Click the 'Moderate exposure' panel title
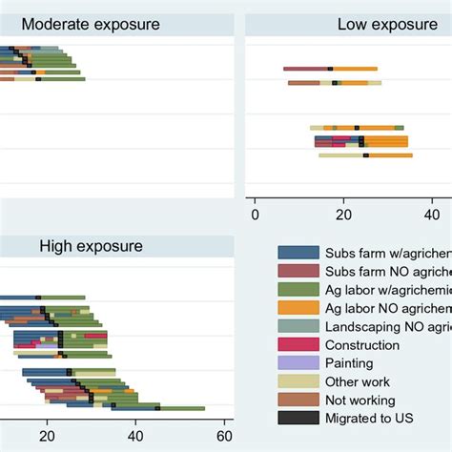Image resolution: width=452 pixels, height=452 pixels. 91,24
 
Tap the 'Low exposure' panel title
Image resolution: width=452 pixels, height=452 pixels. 380,24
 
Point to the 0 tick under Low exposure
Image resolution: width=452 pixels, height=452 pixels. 255,214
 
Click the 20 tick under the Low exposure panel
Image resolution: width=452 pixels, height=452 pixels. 343,214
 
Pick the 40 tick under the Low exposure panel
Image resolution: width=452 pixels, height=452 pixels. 431,214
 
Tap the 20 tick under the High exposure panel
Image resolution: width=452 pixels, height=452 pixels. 48,437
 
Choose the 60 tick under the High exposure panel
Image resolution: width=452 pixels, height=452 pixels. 224,437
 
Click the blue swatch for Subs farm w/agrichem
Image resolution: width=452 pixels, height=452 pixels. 298,253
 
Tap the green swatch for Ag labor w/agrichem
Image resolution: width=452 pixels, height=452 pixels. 298,289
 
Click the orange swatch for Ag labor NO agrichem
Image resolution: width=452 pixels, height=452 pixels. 298,307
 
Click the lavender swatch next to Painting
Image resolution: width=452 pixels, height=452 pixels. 298,362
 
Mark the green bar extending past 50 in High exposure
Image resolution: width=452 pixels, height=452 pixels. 186,408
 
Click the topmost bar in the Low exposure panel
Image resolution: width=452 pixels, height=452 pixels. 329,69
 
